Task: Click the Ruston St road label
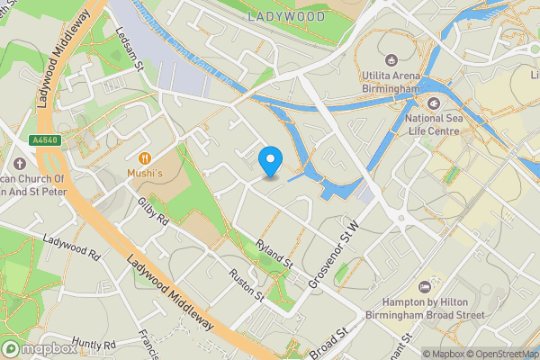(x=246, y=284)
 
